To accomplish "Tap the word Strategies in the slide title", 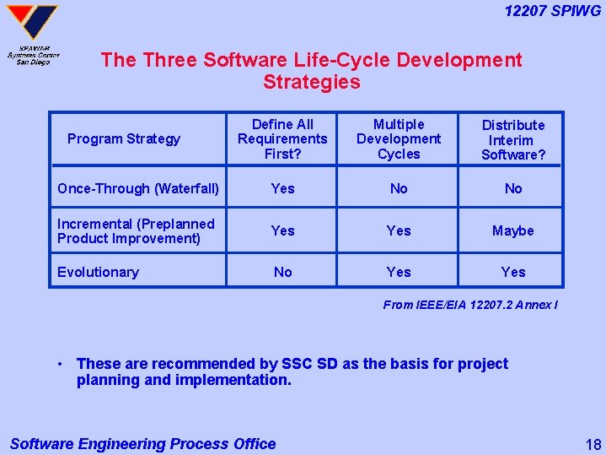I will coord(311,82).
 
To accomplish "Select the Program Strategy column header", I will coord(124,139).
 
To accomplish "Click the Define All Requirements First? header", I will coord(282,139).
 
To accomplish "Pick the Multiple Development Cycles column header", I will coord(399,139).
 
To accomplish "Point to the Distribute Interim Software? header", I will coord(513,140).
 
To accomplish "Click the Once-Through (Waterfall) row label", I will coord(138,188).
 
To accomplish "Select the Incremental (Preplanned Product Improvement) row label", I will coord(136,230).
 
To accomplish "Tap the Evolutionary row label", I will coord(98,272).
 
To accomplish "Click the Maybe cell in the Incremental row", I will coord(513,230).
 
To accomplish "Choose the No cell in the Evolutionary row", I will coord(283,272).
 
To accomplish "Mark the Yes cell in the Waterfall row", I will coord(283,188).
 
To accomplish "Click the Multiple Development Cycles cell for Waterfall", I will coord(399,188).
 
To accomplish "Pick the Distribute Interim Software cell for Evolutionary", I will coord(513,272).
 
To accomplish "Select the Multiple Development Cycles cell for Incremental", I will coord(399,230).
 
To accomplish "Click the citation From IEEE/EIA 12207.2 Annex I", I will coord(470,305).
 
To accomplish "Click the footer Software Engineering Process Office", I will coord(142,443).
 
